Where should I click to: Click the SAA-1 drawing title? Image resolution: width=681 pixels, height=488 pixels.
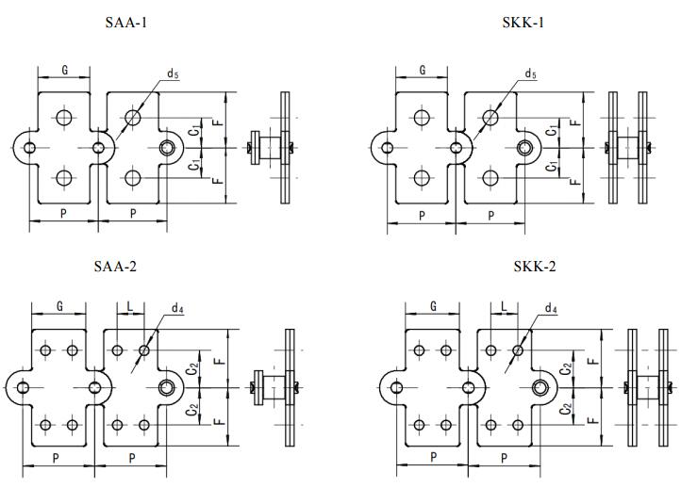pyautogui.click(x=125, y=22)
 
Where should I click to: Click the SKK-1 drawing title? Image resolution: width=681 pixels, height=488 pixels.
pyautogui.click(x=524, y=22)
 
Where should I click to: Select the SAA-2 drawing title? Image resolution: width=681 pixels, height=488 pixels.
pyautogui.click(x=116, y=267)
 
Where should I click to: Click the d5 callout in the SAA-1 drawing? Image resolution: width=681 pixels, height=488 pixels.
pyautogui.click(x=173, y=73)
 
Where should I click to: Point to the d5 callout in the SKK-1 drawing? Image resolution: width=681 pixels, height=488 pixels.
pyautogui.click(x=530, y=73)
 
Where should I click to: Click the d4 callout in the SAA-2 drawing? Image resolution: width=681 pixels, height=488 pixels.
pyautogui.click(x=176, y=308)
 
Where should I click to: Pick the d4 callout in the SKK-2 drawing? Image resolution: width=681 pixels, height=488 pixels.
pyautogui.click(x=550, y=308)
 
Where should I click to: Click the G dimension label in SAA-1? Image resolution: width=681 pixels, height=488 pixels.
pyautogui.click(x=63, y=71)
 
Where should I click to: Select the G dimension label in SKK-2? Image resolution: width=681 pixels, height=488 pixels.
pyautogui.click(x=433, y=306)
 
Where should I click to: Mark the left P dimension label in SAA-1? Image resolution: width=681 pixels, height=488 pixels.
pyautogui.click(x=64, y=214)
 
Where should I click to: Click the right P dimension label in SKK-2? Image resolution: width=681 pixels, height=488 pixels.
pyautogui.click(x=504, y=458)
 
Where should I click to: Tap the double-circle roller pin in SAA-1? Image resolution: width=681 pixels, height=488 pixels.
pyautogui.click(x=168, y=147)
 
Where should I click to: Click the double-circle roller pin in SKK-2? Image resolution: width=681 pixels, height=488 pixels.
pyautogui.click(x=541, y=387)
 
